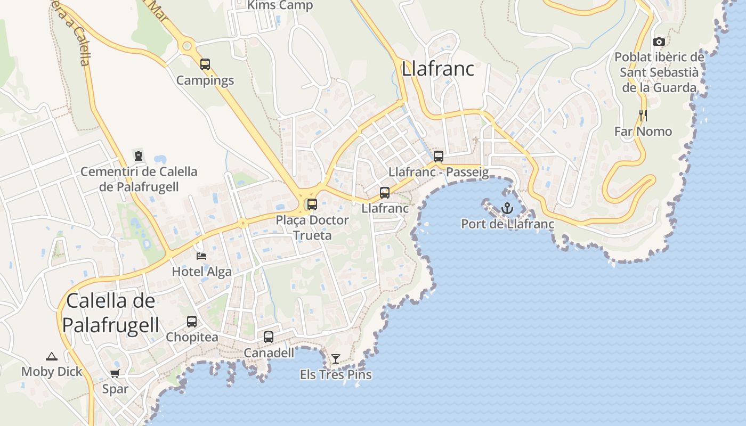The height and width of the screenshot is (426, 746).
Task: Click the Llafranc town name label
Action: point(438,69)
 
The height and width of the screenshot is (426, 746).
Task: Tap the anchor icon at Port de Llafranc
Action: point(507,208)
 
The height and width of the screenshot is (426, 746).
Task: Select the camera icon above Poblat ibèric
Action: point(659,42)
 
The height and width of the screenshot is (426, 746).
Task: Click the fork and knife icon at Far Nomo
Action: point(643,115)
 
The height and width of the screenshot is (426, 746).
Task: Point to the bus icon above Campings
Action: point(205,64)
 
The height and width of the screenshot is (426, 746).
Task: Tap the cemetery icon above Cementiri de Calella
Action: point(139,156)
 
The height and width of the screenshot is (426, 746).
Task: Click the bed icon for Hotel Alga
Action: point(201,256)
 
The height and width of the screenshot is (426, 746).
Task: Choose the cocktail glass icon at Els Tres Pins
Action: point(336,359)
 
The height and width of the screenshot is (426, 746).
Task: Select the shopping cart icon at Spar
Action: point(115,373)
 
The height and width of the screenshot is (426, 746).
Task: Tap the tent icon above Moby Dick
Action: point(51,356)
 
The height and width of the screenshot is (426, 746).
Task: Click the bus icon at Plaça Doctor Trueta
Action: point(312,204)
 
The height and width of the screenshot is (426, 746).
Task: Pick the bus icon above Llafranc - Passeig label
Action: point(439,157)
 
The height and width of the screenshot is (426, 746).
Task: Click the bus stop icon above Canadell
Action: point(269,337)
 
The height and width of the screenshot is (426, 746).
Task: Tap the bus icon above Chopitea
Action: point(192,322)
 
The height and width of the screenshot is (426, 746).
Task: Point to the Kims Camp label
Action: point(280,5)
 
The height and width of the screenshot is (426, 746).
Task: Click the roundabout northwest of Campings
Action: point(187,46)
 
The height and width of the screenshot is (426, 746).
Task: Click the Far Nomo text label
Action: point(643,132)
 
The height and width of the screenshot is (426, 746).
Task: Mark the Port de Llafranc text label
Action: point(507,224)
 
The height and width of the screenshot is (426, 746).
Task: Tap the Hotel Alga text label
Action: point(201,272)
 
